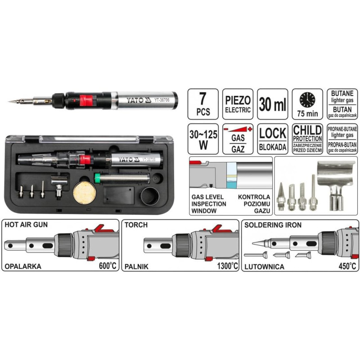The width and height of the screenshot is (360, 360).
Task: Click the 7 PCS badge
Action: [x=203, y=104]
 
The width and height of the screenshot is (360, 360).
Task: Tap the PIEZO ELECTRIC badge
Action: [x=238, y=104]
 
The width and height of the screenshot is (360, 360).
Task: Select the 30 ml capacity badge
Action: [x=273, y=104]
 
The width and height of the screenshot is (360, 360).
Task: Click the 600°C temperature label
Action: [x=108, y=266]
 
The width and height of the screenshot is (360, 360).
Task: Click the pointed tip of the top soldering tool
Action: [x=10, y=101]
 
